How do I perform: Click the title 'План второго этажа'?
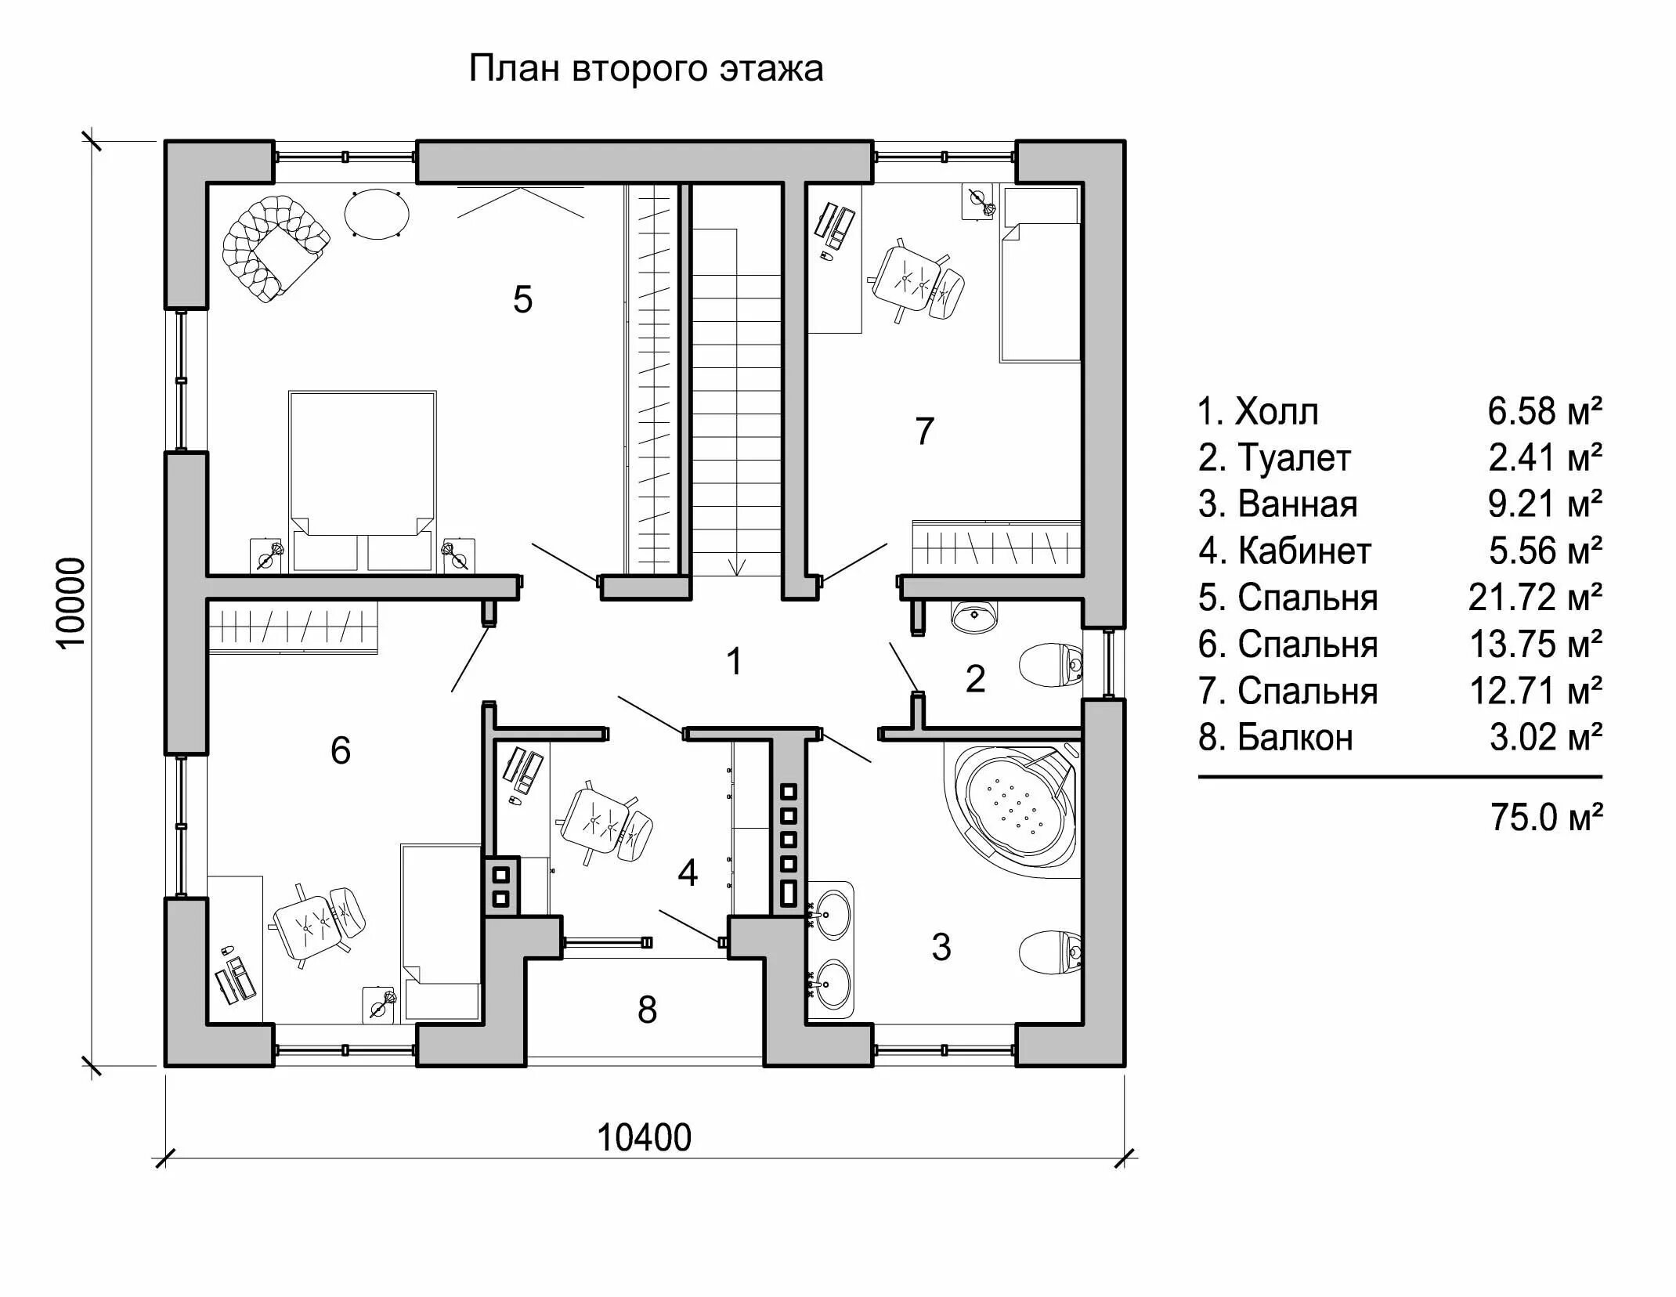click(x=645, y=69)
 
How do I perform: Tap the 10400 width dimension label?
click(x=644, y=1138)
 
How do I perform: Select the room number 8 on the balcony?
click(x=647, y=1010)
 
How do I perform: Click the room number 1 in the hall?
click(x=734, y=662)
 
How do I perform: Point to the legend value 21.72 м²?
click(x=1534, y=598)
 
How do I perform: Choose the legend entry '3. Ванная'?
click(x=1277, y=504)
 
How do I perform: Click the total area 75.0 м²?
click(x=1546, y=818)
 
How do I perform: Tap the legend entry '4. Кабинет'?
click(x=1284, y=551)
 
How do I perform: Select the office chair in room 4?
click(x=605, y=825)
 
